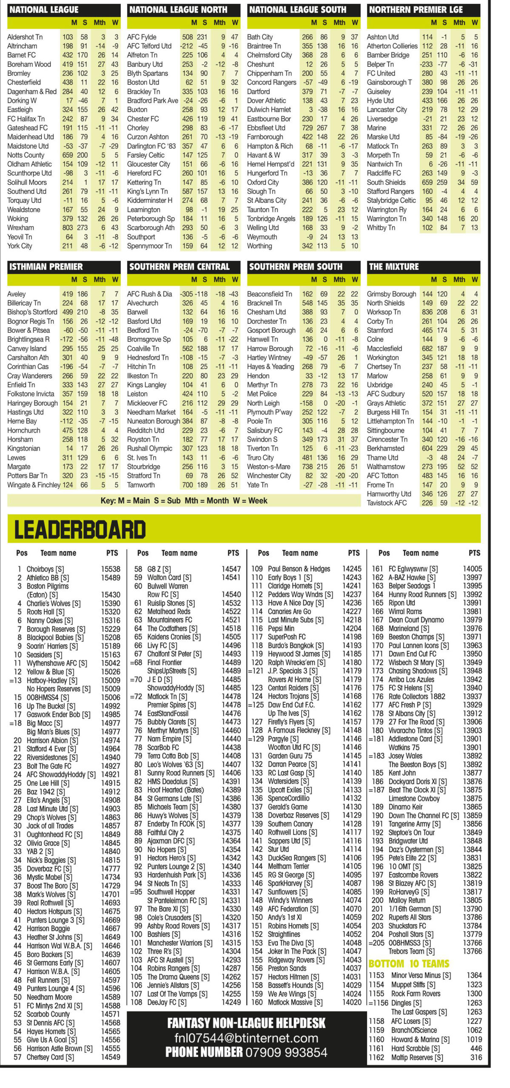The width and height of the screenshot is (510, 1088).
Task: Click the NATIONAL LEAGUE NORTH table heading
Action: pyautogui.click(x=178, y=10)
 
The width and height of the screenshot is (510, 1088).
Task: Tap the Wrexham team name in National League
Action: pyautogui.click(x=20, y=227)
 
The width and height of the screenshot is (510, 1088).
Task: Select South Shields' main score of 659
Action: pyautogui.click(x=427, y=182)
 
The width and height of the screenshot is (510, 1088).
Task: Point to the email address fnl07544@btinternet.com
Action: pyautogui.click(x=246, y=1038)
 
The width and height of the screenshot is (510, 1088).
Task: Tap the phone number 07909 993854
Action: pyautogui.click(x=285, y=1052)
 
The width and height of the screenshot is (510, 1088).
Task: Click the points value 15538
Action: pyautogui.click(x=111, y=569)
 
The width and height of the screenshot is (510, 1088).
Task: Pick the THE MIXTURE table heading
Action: pyautogui.click(x=394, y=267)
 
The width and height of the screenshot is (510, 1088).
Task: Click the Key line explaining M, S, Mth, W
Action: pyautogui.click(x=184, y=501)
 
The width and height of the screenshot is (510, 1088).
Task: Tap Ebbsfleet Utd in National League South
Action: pyautogui.click(x=266, y=128)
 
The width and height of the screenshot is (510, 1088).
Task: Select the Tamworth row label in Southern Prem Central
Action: pyautogui.click(x=141, y=485)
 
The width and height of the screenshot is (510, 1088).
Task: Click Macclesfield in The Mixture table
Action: pyautogui.click(x=384, y=348)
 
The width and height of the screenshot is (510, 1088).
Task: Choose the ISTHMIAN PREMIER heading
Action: pyautogui.click(x=46, y=267)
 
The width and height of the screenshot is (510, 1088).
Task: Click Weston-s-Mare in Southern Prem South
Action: pyautogui.click(x=268, y=467)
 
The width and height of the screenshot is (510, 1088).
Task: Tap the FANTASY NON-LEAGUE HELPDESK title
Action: pyautogui.click(x=246, y=1023)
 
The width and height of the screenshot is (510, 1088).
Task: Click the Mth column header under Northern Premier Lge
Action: pyautogui.click(x=459, y=23)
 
